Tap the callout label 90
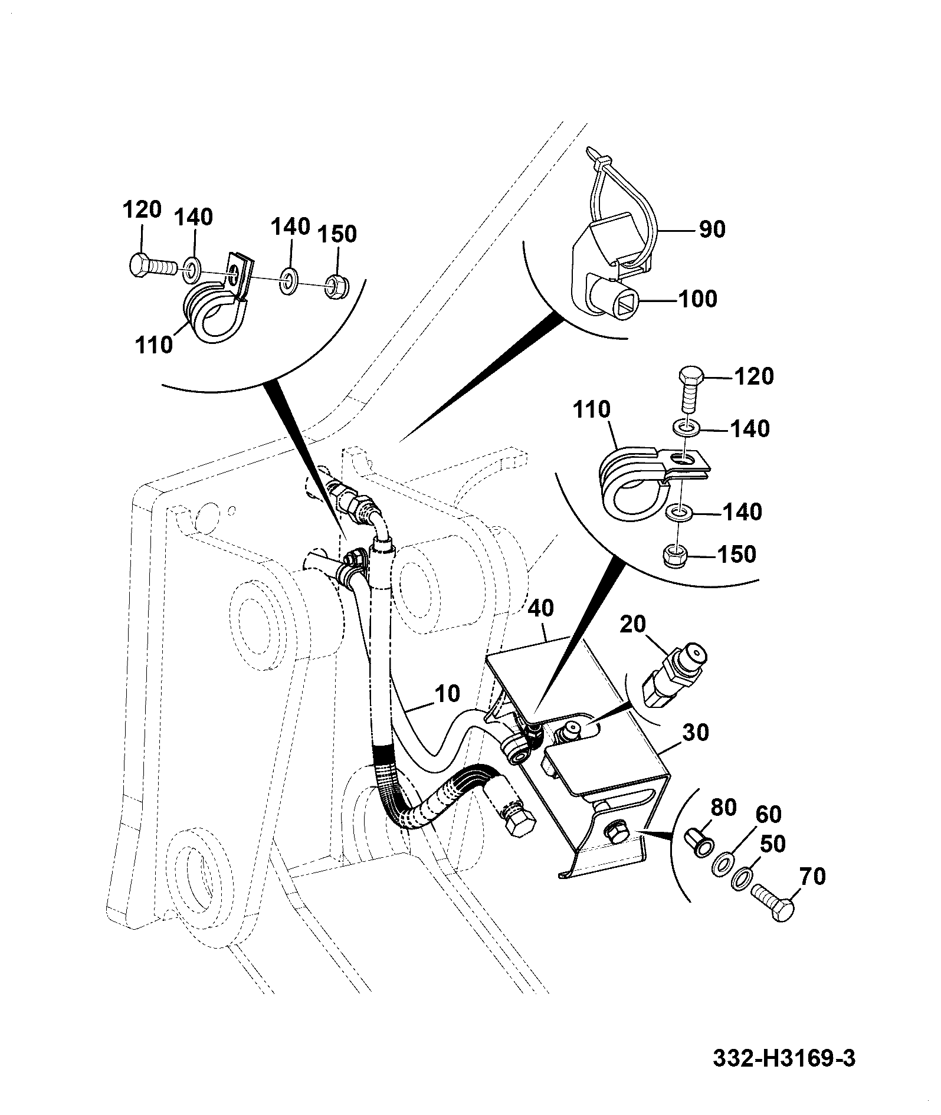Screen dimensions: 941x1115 [x=712, y=229]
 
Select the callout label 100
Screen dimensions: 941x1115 [x=698, y=299]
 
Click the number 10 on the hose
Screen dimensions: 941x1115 [x=448, y=693]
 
